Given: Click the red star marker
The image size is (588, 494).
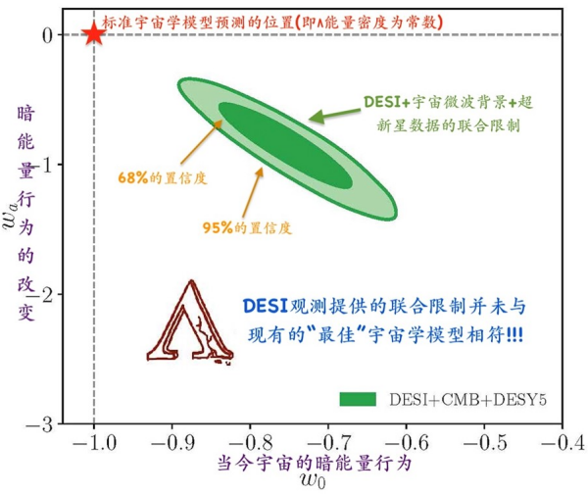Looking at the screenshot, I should click(x=94, y=33).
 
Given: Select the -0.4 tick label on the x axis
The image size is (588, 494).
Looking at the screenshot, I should click(x=560, y=442).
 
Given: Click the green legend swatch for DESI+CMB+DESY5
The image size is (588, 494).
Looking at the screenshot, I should click(x=359, y=399).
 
